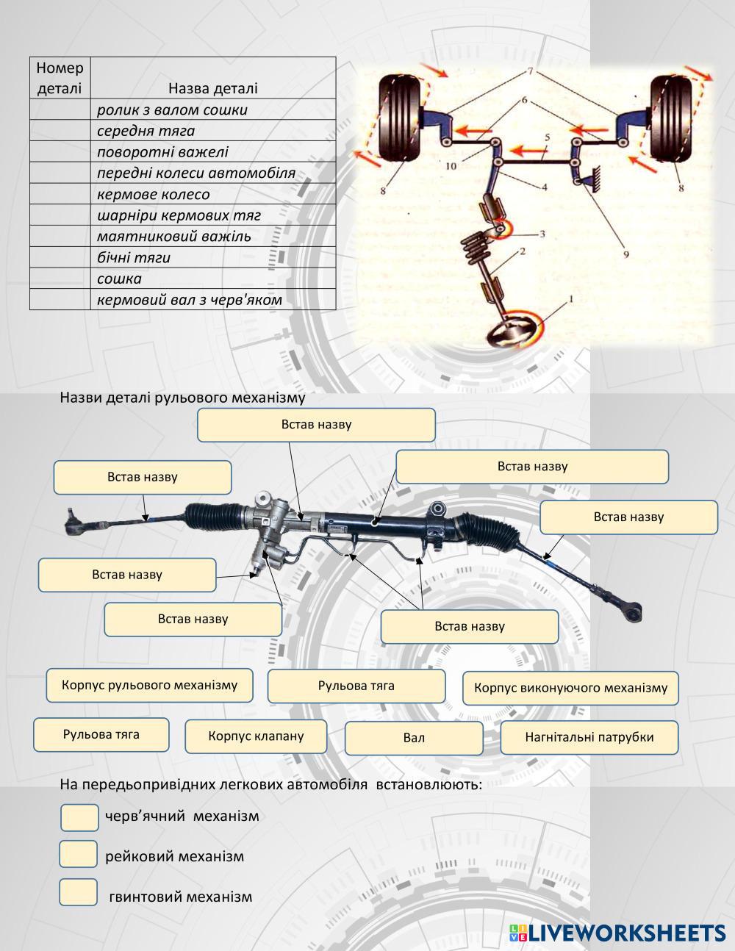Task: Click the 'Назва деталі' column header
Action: pyautogui.click(x=212, y=88)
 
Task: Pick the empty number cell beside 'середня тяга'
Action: pyautogui.click(x=60, y=131)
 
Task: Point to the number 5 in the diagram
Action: pyautogui.click(x=547, y=137)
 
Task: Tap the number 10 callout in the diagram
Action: pyautogui.click(x=451, y=166)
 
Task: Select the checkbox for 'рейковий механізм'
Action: pyautogui.click(x=79, y=854)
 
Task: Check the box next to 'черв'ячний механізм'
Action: pyautogui.click(x=79, y=817)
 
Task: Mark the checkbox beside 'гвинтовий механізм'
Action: pyautogui.click(x=79, y=892)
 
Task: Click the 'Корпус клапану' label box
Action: pyautogui.click(x=255, y=736)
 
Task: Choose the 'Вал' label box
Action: pyautogui.click(x=414, y=738)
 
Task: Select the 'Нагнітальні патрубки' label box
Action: pyautogui.click(x=589, y=737)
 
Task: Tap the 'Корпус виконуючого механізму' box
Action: pyautogui.click(x=570, y=688)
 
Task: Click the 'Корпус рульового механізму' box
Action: pyautogui.click(x=149, y=685)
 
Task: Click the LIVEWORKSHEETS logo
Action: pyautogui.click(x=617, y=933)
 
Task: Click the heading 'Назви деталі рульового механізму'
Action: pyautogui.click(x=182, y=398)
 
